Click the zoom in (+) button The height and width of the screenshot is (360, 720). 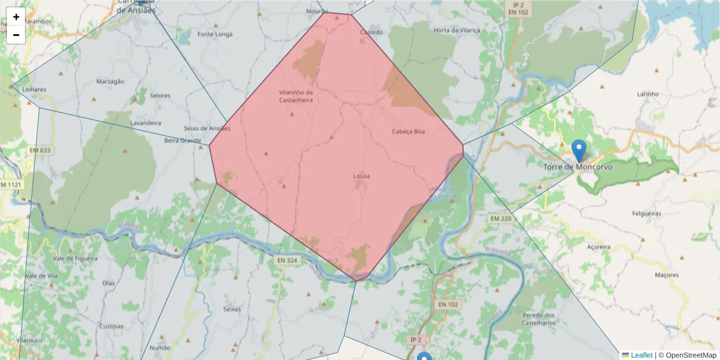pyautogui.click(x=16, y=17)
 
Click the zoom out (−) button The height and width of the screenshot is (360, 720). pyautogui.click(x=16, y=35)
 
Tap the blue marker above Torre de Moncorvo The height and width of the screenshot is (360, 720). pyautogui.click(x=579, y=150)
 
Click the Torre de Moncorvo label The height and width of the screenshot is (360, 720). pyautogui.click(x=578, y=167)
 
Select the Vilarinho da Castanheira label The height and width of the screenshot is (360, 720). pyautogui.click(x=296, y=96)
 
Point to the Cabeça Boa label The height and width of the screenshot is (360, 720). pyautogui.click(x=408, y=131)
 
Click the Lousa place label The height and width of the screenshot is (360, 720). pyautogui.click(x=361, y=176)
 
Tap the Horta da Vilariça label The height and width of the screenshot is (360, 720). pyautogui.click(x=457, y=30)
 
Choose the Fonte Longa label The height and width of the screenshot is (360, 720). pyautogui.click(x=215, y=34)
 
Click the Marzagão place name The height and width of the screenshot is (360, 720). pyautogui.click(x=110, y=81)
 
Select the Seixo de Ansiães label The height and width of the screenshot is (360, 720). pyautogui.click(x=207, y=128)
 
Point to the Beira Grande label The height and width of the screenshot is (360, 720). pyautogui.click(x=182, y=140)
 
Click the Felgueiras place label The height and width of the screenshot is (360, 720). pyautogui.click(x=646, y=214)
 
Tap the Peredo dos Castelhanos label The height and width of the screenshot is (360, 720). pyautogui.click(x=538, y=319)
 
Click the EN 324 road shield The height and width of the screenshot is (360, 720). pyautogui.click(x=287, y=260)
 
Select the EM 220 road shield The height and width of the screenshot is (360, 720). pyautogui.click(x=501, y=218)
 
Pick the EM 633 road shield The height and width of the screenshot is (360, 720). pyautogui.click(x=40, y=149)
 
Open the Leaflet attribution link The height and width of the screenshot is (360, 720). pyautogui.click(x=641, y=355)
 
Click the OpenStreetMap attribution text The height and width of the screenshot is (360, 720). pyautogui.click(x=691, y=355)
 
